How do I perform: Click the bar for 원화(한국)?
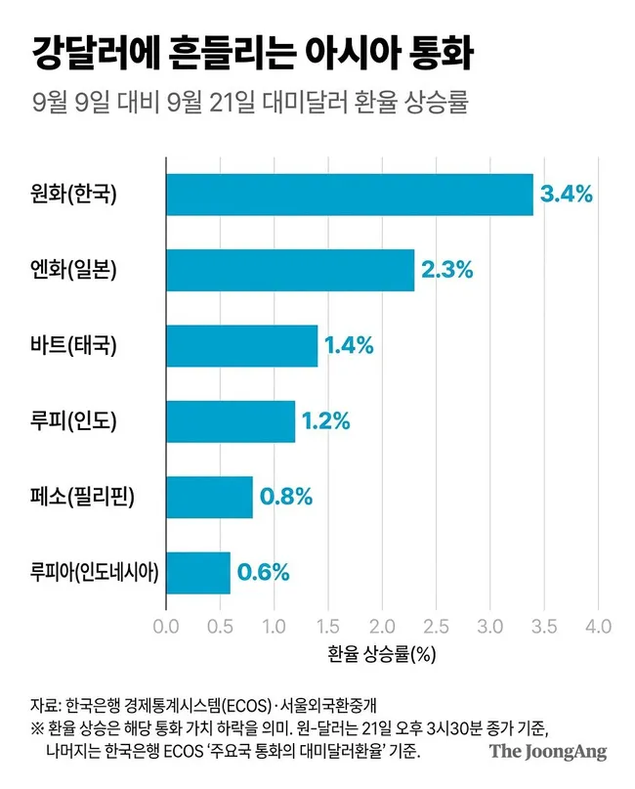pos(350,195)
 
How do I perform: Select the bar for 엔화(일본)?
pos(290,270)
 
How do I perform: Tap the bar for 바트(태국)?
pos(242,346)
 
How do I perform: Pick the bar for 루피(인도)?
pos(231,421)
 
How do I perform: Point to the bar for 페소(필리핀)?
pos(210,497)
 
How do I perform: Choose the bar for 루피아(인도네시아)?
pos(198,573)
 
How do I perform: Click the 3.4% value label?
pos(566,195)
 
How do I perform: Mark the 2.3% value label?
pos(447,270)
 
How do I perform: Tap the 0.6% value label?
pos(263,573)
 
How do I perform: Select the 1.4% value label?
pos(349,346)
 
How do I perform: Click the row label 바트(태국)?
pos(73,346)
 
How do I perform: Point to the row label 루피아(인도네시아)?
pos(95,572)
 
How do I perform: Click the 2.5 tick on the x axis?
pos(436,627)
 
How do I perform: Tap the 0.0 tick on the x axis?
pos(166,627)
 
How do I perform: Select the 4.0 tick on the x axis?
pos(598,627)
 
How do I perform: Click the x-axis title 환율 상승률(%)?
pos(382,654)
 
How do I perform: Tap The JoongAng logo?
pos(548,752)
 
